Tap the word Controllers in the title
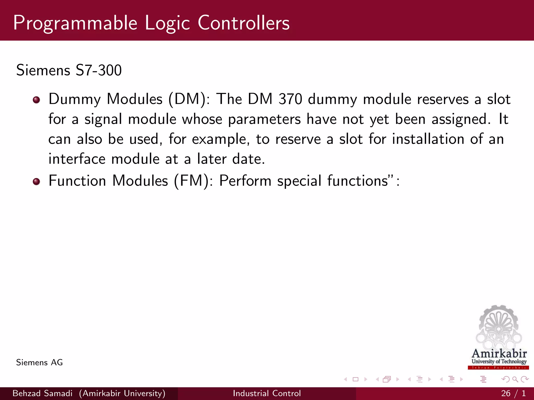pos(244,23)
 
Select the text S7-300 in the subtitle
pos(99,70)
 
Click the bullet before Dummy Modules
pos(37,100)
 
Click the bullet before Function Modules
pos(37,181)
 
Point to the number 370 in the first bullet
pos(290,99)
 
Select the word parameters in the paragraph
pos(264,119)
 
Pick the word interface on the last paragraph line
pos(77,159)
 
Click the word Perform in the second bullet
pos(245,181)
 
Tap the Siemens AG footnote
pos(39,362)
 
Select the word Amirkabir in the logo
pos(499,354)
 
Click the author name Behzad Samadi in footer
pos(43,393)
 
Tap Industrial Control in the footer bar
pos(267,393)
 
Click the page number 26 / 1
pos(513,393)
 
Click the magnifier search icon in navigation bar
pos(515,379)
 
